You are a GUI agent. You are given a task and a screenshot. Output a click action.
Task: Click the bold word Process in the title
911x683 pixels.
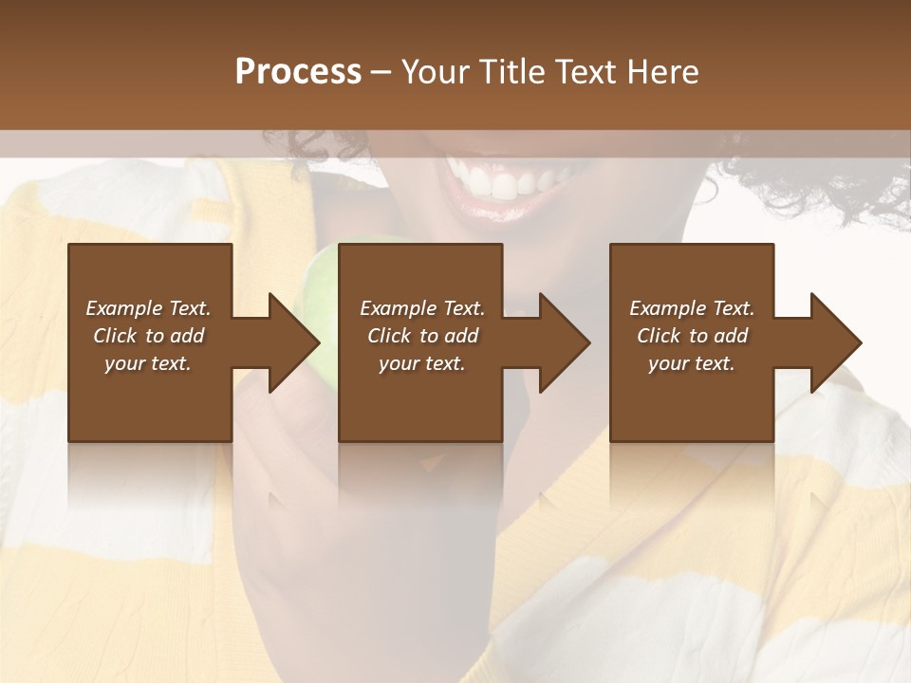coord(298,71)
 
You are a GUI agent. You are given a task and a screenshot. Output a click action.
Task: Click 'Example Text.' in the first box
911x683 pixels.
coord(148,308)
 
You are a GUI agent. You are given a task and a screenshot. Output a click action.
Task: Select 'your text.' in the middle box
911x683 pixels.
coord(421,363)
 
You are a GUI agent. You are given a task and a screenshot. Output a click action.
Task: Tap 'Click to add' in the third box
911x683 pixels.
coord(692,336)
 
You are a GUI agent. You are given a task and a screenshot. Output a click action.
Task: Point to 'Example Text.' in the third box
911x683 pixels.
coord(692,308)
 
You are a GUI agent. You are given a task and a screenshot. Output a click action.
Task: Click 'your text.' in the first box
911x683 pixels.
coord(148,363)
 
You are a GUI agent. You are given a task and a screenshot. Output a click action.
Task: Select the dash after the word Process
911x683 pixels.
coord(381,72)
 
